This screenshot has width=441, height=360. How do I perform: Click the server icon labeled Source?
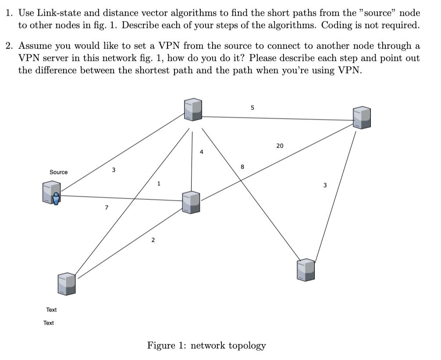[51, 193]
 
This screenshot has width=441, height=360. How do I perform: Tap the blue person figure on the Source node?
[56, 199]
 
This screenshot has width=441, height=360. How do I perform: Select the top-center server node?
[193, 109]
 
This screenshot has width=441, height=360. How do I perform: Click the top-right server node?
[362, 117]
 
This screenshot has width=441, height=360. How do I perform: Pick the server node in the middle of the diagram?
[191, 202]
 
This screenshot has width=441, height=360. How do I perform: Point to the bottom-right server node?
[306, 269]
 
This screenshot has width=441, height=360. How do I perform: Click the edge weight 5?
[252, 107]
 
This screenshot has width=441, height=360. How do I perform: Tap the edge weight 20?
[280, 146]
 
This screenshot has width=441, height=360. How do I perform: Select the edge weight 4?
[201, 152]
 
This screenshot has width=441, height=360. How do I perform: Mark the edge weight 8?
[242, 166]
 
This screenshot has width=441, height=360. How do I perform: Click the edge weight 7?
[106, 208]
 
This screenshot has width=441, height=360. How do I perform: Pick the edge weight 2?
[153, 240]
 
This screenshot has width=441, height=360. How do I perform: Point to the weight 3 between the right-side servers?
[325, 185]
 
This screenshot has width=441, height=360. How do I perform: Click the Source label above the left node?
[59, 172]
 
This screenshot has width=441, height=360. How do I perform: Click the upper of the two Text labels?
[51, 310]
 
